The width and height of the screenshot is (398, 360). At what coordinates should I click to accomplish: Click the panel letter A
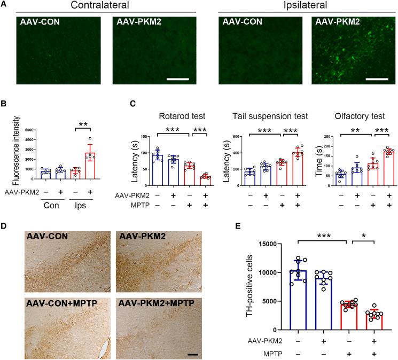click(4, 5)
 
